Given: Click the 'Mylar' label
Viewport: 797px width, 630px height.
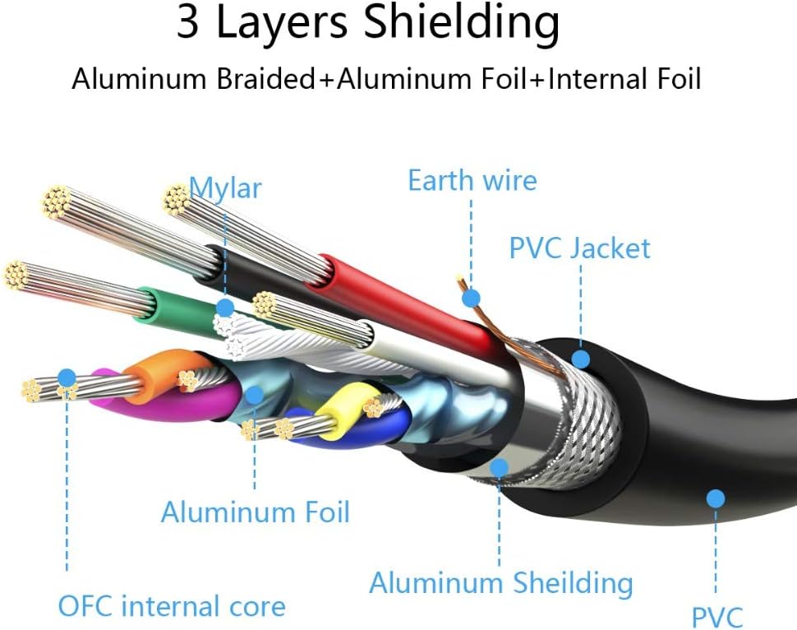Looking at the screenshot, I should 225,188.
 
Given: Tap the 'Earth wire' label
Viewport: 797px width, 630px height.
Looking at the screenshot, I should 472,180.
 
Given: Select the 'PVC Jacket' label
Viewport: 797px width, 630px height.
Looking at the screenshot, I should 579,248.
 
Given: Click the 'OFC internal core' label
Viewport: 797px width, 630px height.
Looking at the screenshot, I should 171,607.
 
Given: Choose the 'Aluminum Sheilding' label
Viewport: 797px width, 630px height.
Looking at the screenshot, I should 500,583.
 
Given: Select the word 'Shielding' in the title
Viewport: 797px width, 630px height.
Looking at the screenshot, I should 462,24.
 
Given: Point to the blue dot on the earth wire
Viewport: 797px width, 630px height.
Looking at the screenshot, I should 470,298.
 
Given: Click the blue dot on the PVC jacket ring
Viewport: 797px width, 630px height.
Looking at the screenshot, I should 580,359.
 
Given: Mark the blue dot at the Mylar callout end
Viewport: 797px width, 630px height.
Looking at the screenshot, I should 224,308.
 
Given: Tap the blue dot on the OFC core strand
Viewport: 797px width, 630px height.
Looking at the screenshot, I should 67,379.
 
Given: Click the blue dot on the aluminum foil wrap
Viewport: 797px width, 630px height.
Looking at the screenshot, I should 255,395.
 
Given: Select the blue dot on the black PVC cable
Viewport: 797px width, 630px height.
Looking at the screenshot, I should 715,498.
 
